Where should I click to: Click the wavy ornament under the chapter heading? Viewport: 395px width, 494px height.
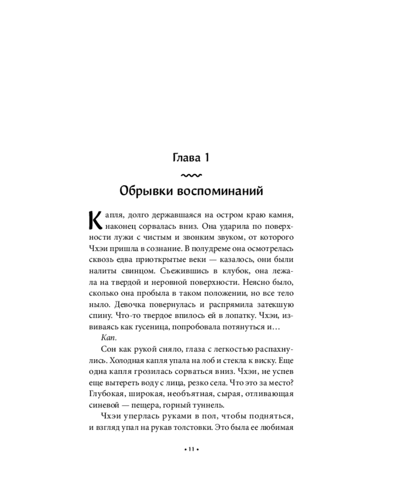coord(190,175)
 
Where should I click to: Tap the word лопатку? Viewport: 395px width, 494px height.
coord(245,316)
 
